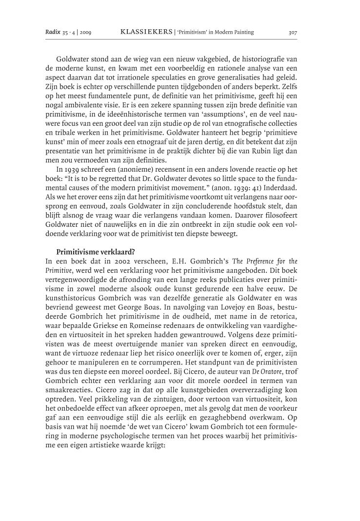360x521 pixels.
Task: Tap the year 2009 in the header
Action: [x=85, y=33]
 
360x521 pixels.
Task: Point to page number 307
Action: [x=293, y=33]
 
